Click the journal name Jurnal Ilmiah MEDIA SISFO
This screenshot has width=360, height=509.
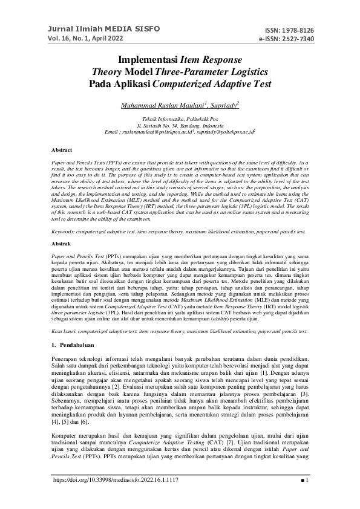[88, 28]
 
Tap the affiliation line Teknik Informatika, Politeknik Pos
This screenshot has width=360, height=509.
[180, 120]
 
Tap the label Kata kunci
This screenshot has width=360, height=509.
[64, 331]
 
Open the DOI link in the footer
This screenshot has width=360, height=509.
[116, 497]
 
